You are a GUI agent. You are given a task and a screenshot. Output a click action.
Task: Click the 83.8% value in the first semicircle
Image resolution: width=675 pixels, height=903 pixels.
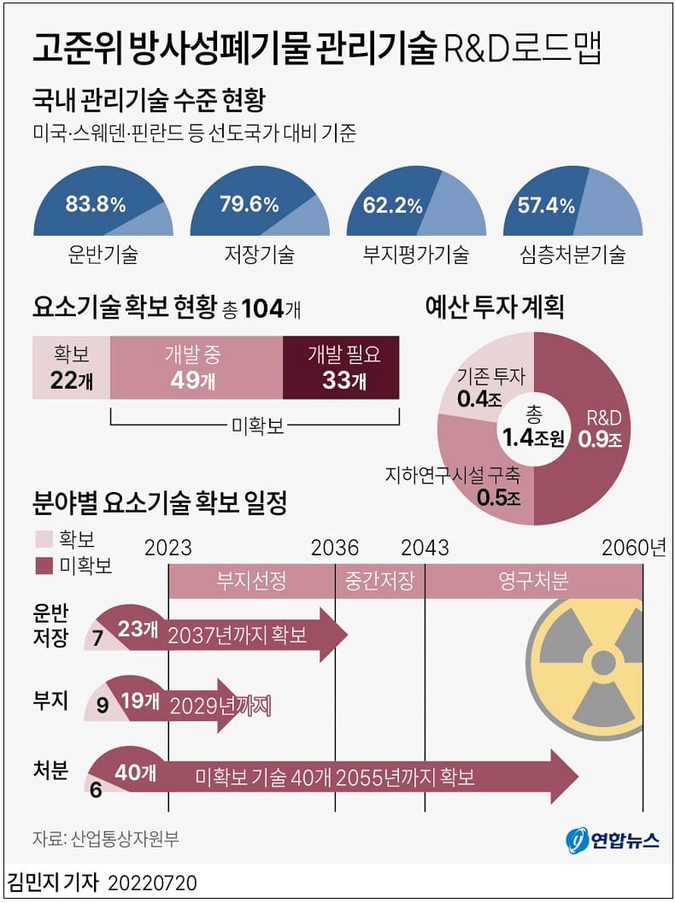point(95,205)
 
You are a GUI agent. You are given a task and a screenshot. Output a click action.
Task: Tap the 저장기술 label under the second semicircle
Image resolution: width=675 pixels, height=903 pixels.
point(259,255)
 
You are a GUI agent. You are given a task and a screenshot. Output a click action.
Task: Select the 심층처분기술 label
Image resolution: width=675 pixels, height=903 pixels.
point(572,255)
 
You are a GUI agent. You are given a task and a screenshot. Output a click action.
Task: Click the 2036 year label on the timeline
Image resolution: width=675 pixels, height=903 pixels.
point(336,548)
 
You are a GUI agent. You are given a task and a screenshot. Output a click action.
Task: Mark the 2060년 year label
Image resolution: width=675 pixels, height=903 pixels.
point(632,548)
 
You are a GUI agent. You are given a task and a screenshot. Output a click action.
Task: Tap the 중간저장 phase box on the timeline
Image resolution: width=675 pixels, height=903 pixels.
point(379,582)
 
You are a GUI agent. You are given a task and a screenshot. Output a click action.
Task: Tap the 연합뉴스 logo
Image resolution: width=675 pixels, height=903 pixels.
point(613,840)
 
